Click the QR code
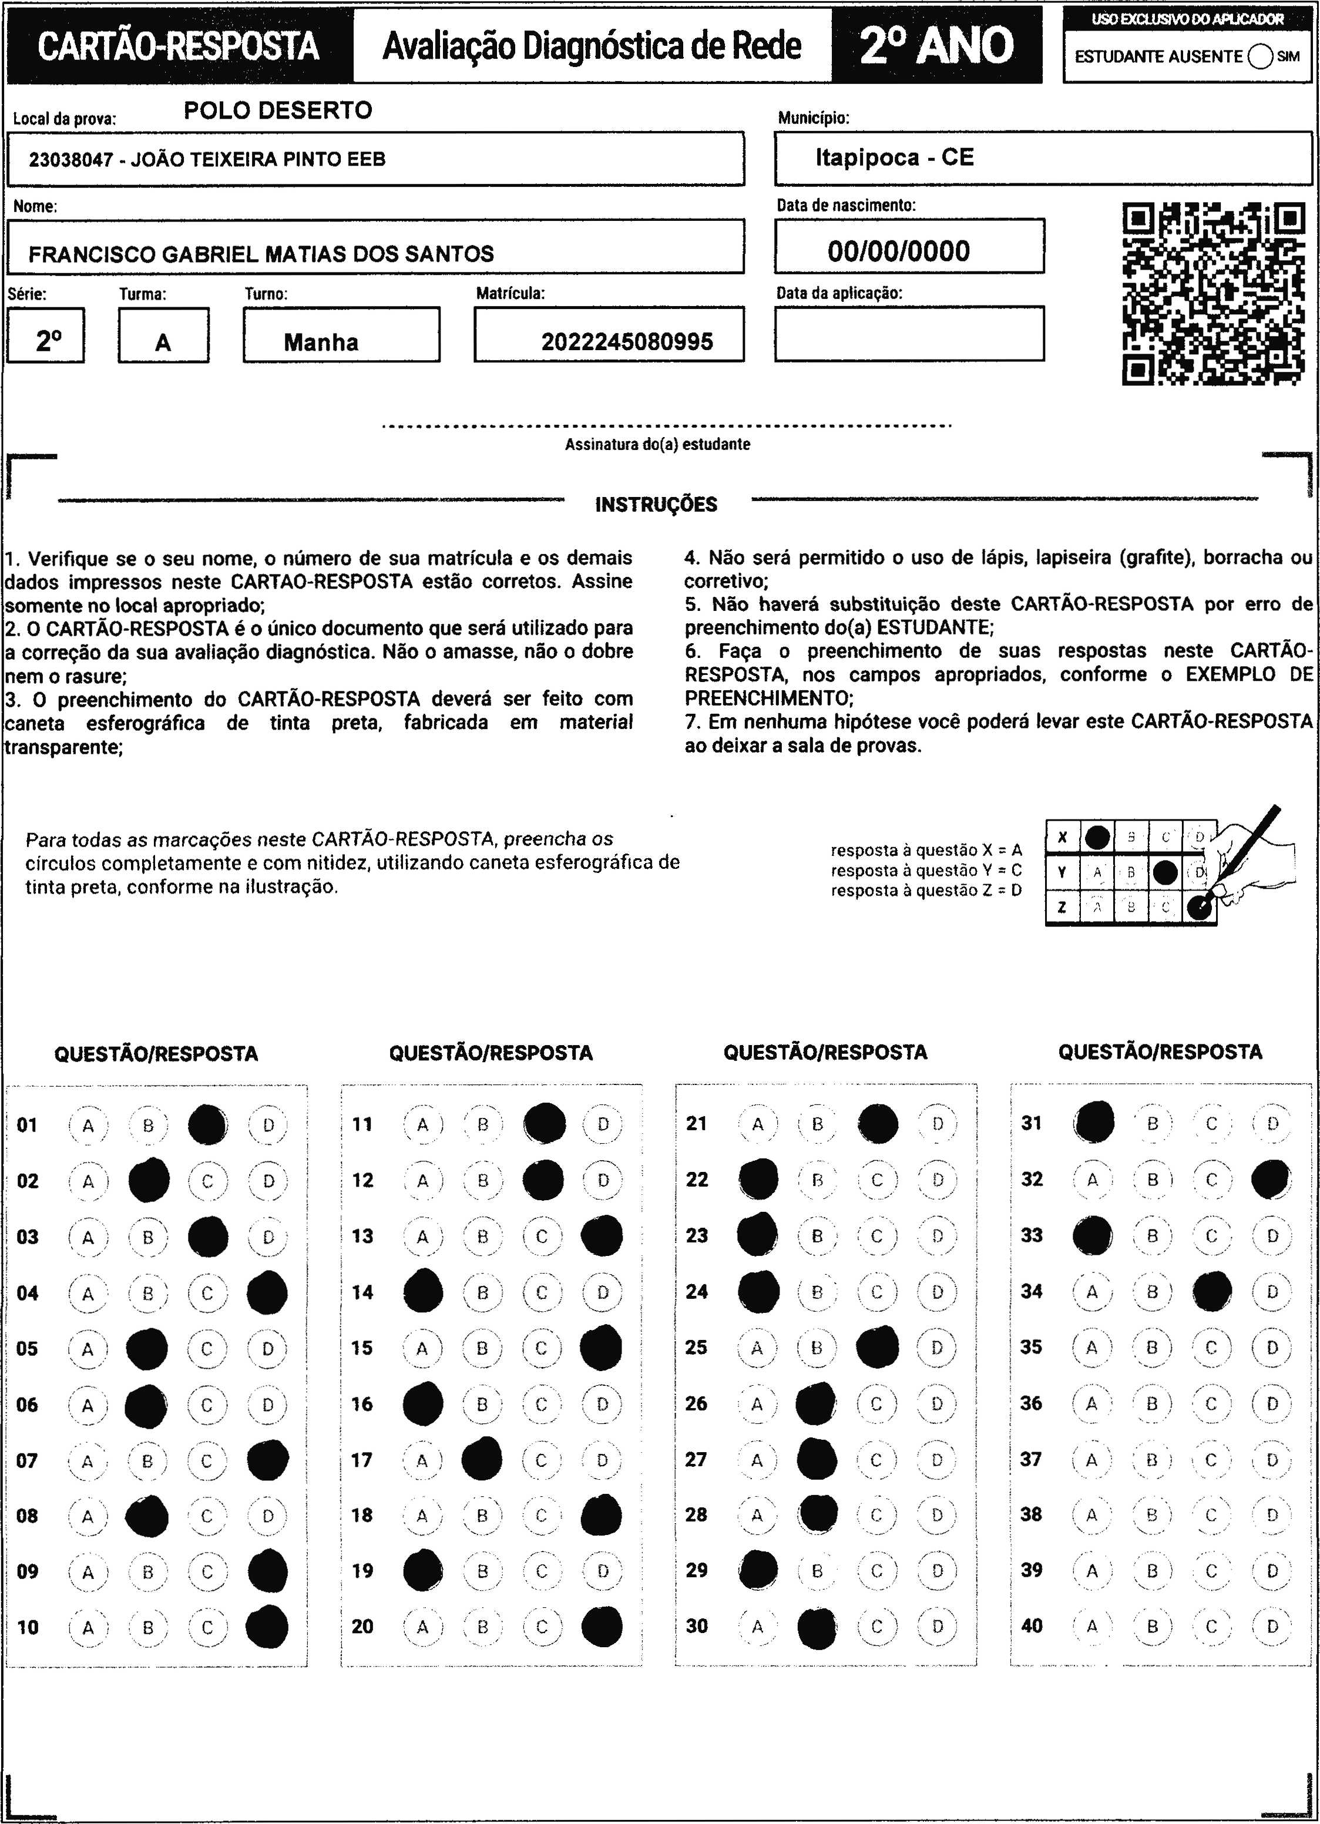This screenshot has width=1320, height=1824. point(1213,294)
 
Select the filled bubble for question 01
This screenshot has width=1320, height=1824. point(207,1125)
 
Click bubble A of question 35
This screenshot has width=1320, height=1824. point(1091,1348)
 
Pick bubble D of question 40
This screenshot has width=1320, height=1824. point(1272,1626)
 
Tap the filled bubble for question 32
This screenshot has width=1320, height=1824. point(1271,1180)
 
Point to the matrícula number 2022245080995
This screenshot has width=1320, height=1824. point(627,342)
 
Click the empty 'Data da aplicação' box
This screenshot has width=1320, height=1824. point(909,334)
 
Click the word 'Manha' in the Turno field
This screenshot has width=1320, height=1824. point(321,342)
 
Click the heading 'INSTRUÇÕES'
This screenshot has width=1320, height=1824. point(656,505)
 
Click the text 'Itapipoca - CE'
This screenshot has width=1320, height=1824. point(895,157)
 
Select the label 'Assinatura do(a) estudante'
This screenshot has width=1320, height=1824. point(657,445)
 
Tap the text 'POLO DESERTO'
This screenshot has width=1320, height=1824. point(278,110)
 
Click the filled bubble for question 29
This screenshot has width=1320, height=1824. point(758,1570)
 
